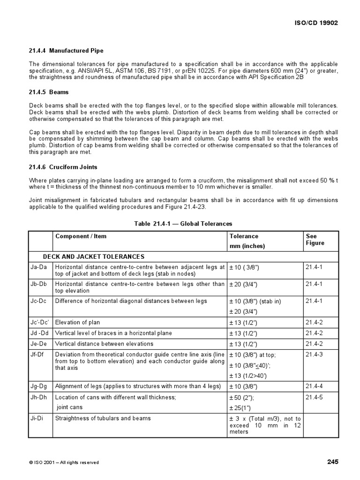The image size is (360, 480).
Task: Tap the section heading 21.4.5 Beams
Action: (x=49, y=92)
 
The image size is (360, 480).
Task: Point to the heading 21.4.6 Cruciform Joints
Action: (x=63, y=167)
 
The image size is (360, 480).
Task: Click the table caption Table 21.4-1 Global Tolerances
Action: (x=183, y=224)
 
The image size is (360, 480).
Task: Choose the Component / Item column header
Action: (x=81, y=236)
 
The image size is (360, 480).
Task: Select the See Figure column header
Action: (x=315, y=240)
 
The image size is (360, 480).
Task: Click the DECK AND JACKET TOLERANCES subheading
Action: (x=93, y=256)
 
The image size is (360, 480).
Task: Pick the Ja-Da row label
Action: (x=37, y=267)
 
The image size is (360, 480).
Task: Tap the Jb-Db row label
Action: (x=37, y=284)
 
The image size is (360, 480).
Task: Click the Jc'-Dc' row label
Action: (x=38, y=322)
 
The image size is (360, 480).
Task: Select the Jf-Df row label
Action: (x=37, y=355)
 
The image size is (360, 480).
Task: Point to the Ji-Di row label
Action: (x=36, y=418)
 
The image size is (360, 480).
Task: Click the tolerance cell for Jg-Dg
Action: (x=243, y=387)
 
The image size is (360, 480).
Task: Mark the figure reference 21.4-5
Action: (x=315, y=397)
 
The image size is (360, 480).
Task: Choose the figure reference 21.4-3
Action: (x=315, y=355)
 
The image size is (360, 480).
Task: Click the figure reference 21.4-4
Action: (x=315, y=386)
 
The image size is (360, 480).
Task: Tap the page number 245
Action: (x=332, y=462)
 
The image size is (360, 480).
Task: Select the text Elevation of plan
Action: (x=77, y=322)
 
